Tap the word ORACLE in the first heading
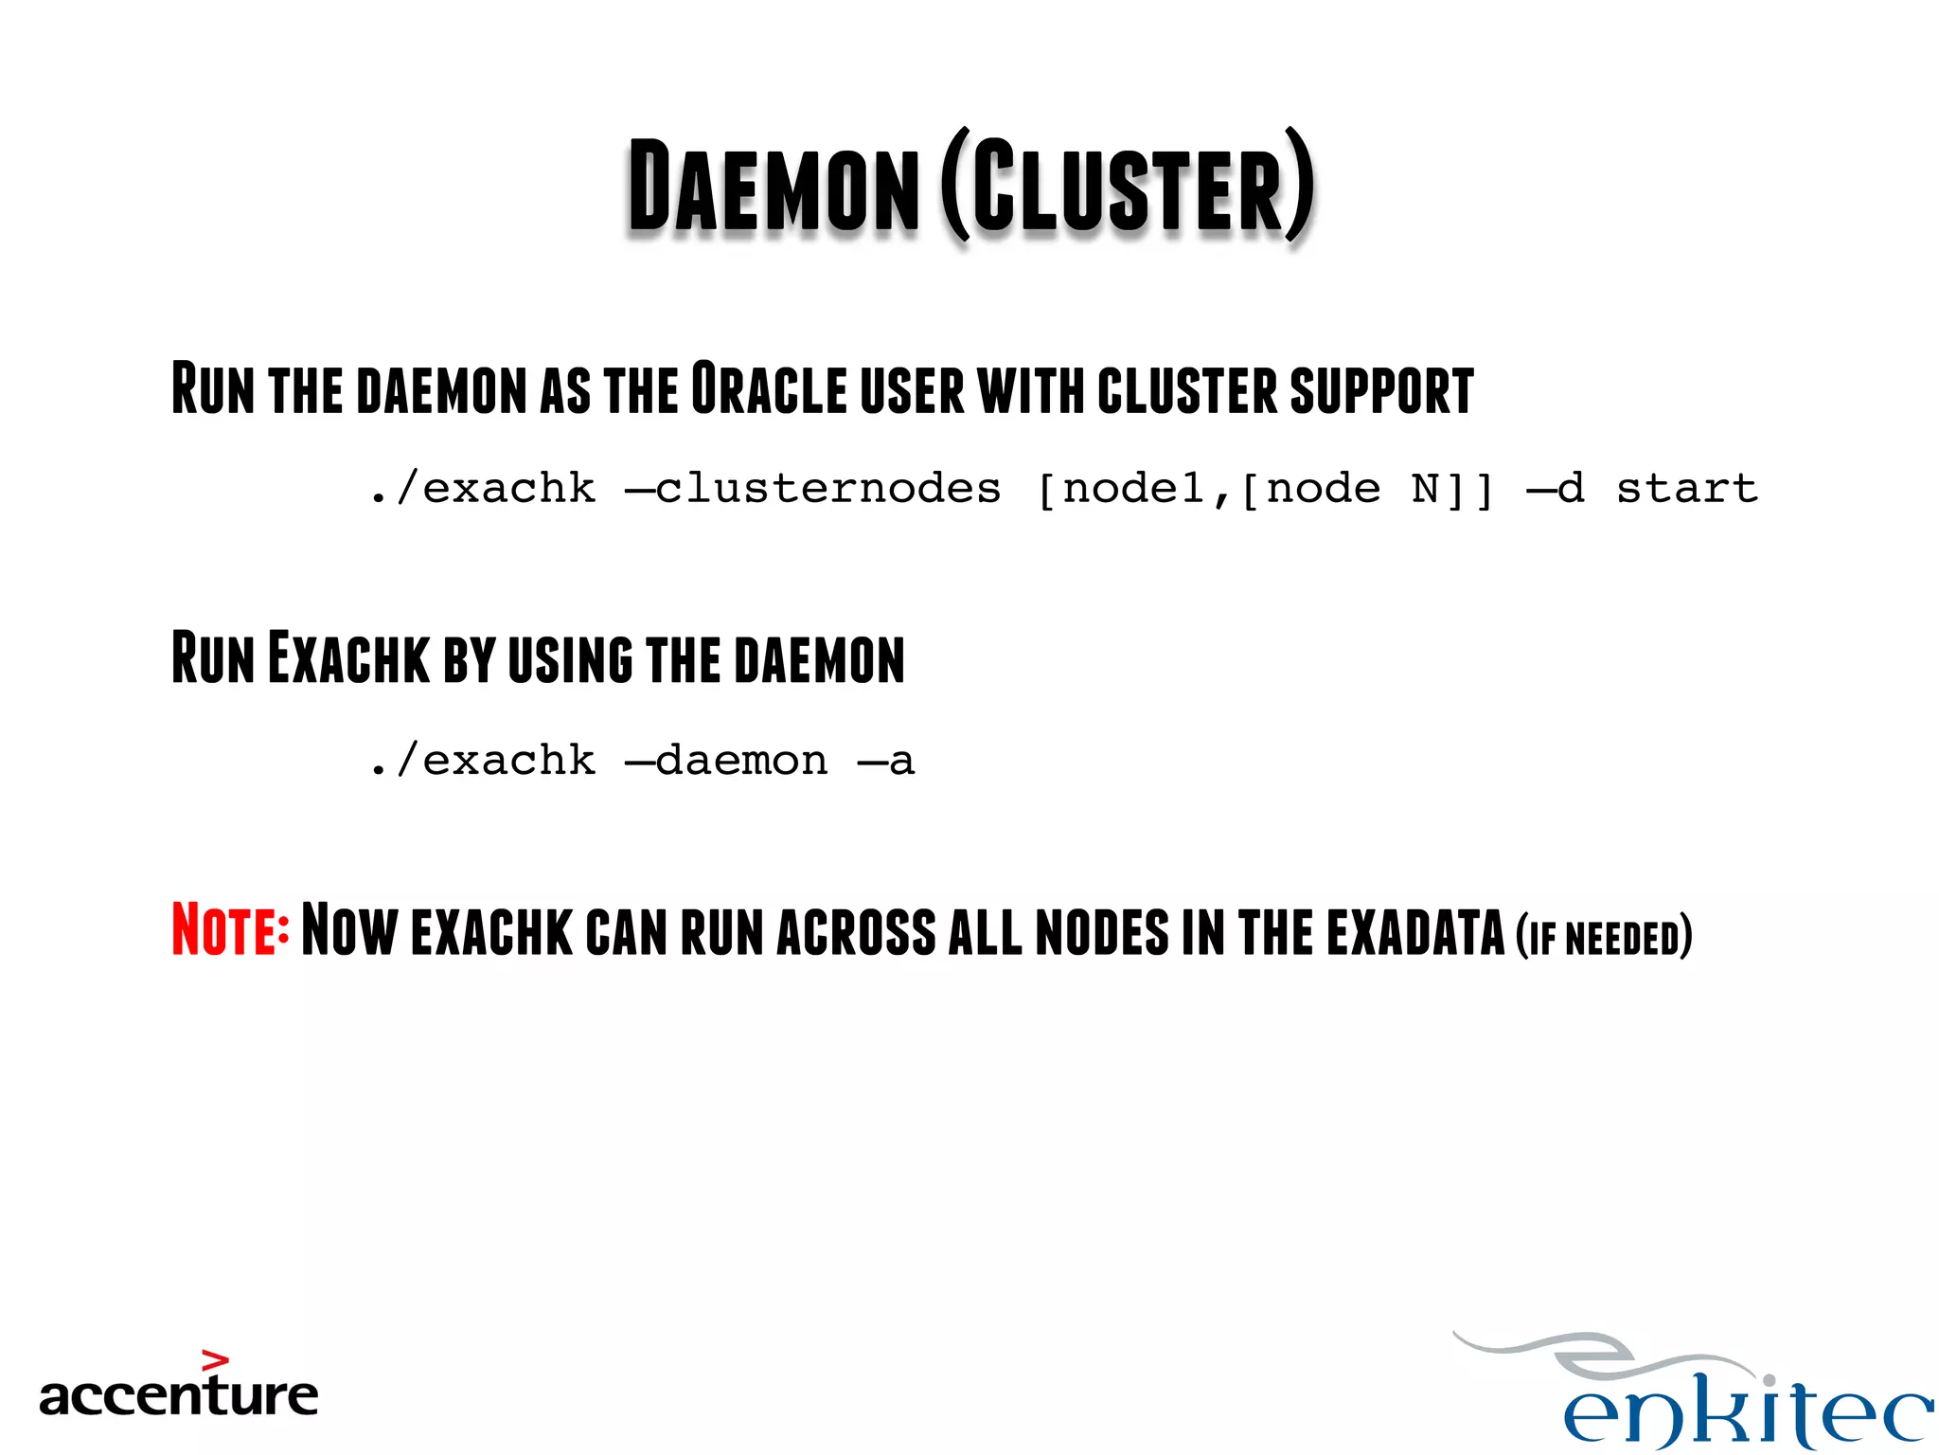tap(769, 388)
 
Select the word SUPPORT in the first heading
tap(1381, 390)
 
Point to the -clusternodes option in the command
tap(812, 489)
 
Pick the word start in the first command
tap(1686, 489)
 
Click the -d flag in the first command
tap(1556, 489)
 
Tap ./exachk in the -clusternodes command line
tap(483, 489)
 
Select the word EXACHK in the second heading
tap(348, 658)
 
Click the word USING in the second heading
tap(570, 659)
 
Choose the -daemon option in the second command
tap(726, 761)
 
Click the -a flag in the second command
tap(886, 761)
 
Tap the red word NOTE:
tap(230, 929)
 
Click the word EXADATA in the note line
tap(1414, 932)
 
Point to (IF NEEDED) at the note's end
tap(1603, 937)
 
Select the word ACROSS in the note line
tap(856, 932)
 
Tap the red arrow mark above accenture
tap(216, 1361)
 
